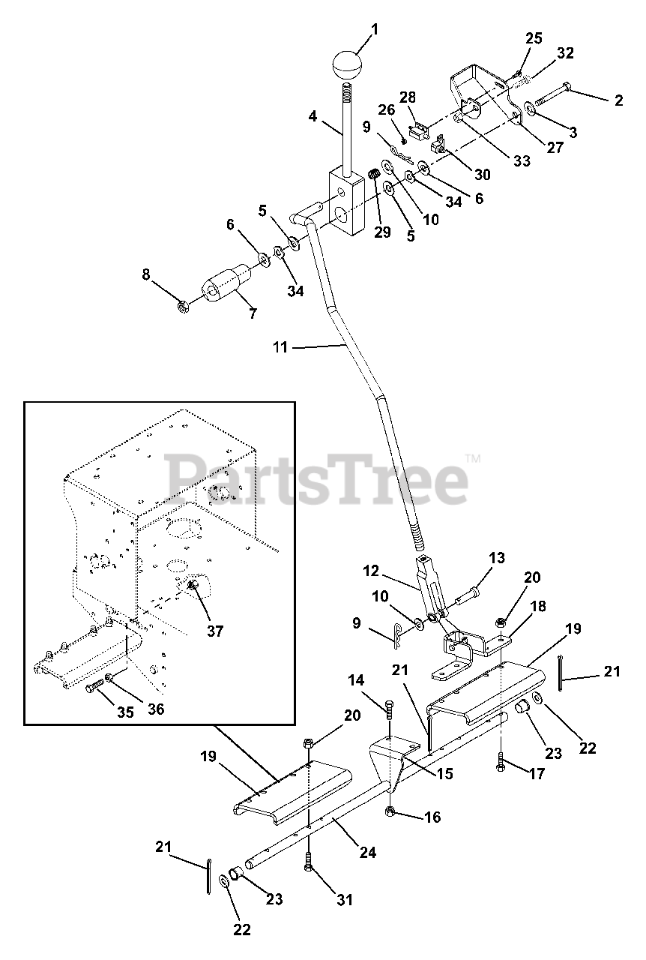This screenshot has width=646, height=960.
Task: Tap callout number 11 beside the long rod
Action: coord(280,347)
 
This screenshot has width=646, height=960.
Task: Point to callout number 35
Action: coord(125,711)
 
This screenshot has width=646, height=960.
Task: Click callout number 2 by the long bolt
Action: coord(618,101)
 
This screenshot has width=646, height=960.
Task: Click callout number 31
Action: coord(343,900)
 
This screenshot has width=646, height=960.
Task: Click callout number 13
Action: coord(497,558)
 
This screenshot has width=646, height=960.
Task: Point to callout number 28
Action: coord(407,97)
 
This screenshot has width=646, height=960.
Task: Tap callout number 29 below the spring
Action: coord(381,232)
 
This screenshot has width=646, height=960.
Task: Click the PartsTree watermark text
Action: coord(319,476)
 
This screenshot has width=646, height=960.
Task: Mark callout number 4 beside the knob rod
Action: coord(313,116)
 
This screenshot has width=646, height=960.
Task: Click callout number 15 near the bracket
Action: coord(444,773)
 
